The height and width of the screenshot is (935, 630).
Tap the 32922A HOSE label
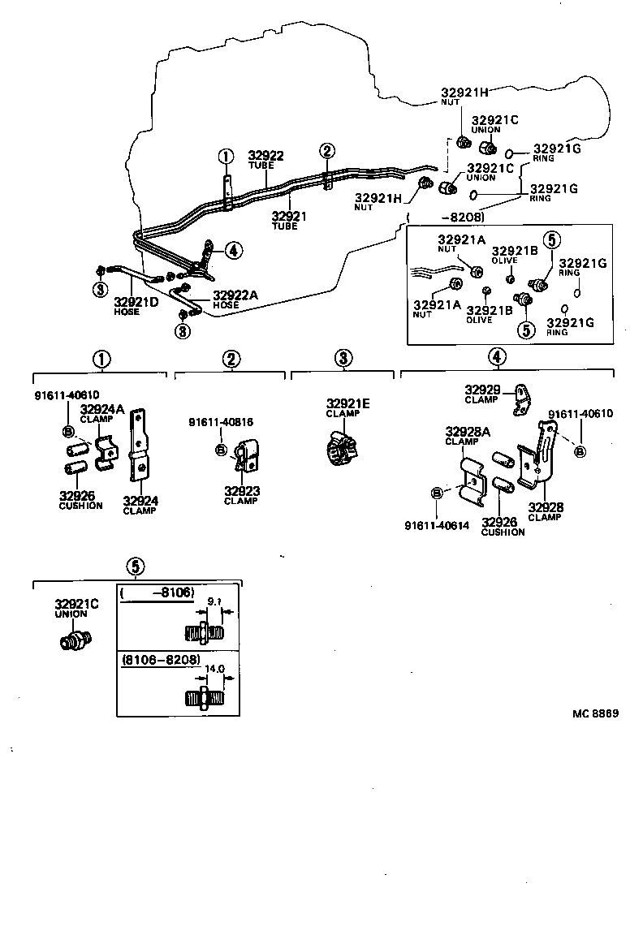pos(235,295)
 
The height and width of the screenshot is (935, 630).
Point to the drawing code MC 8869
pos(595,713)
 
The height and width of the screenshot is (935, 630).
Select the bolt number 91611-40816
pos(220,422)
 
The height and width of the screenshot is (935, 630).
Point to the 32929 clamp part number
pos(482,390)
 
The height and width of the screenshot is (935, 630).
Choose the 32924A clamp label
pos(101,409)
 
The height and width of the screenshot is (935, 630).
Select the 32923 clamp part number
pos(240,491)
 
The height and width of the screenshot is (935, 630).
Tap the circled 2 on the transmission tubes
pos(326,150)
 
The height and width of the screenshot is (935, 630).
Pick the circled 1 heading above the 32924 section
pos(101,359)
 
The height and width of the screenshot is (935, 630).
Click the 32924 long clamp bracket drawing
pos(140,446)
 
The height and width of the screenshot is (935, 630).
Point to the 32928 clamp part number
pos(545,508)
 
